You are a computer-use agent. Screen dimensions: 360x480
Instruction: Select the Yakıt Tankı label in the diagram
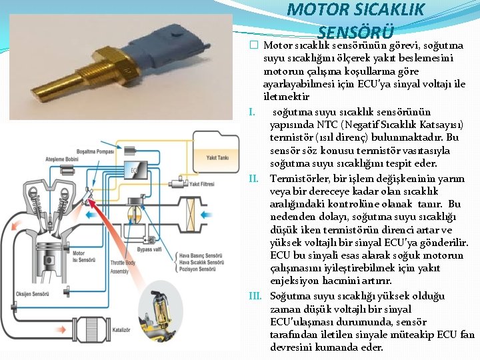coord(218,158)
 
